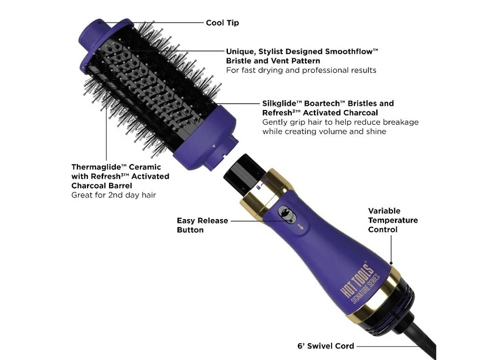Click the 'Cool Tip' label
click(x=222, y=23)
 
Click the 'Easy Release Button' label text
click(x=202, y=225)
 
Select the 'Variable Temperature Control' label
click(x=392, y=220)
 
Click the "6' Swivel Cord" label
click(x=324, y=346)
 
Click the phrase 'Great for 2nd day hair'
click(x=113, y=195)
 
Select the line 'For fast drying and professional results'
click(x=301, y=70)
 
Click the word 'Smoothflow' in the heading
click(x=348, y=52)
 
